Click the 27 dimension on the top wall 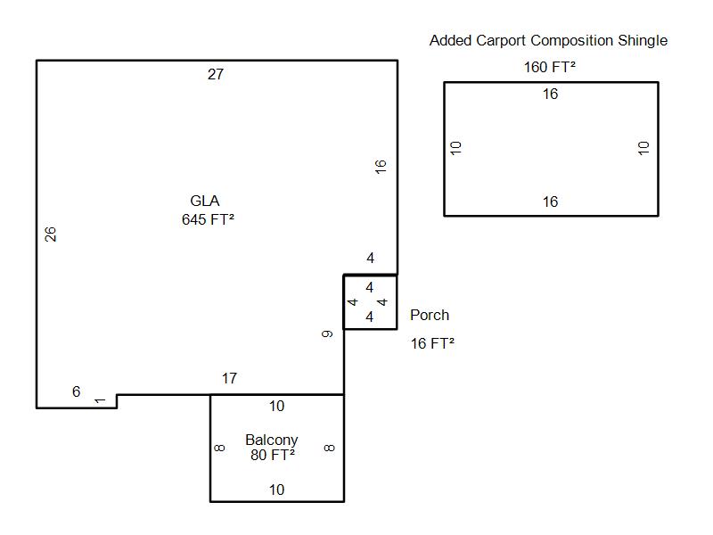tap(216, 74)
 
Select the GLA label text tap(205, 201)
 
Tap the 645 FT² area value tap(208, 219)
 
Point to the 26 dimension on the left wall tap(52, 234)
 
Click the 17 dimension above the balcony tap(229, 378)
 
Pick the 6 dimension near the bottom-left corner tap(77, 391)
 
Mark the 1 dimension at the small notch tap(100, 400)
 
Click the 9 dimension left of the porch tap(328, 333)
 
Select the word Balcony tap(272, 440)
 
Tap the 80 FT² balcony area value tap(273, 455)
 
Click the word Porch tap(430, 315)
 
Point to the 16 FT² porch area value tap(432, 343)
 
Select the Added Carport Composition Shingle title tap(548, 40)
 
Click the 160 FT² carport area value tap(550, 67)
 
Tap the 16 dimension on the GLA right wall tap(381, 165)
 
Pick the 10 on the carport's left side tap(456, 148)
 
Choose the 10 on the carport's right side tap(644, 148)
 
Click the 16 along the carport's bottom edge tap(551, 202)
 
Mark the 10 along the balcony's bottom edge tap(277, 490)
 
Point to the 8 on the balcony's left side tap(220, 448)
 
